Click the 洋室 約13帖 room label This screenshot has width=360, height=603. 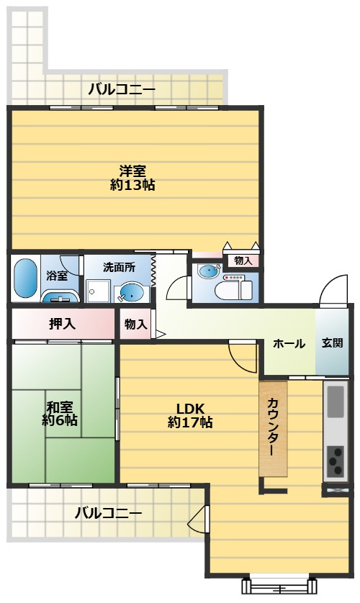tap(133, 178)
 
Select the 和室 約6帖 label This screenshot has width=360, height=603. tap(60, 413)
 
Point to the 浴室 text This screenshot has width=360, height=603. tap(57, 275)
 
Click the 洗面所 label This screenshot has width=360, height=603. tap(119, 266)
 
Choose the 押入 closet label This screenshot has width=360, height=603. tap(62, 324)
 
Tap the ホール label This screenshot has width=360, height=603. tap(289, 343)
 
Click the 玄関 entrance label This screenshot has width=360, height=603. tap(332, 343)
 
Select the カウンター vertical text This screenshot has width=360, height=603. tap(273, 427)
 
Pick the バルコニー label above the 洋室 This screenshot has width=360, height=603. tap(122, 90)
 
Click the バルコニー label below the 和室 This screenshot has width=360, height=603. tap(108, 513)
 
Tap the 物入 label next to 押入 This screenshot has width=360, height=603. tap(135, 325)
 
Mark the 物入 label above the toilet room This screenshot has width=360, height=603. tap(243, 260)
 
